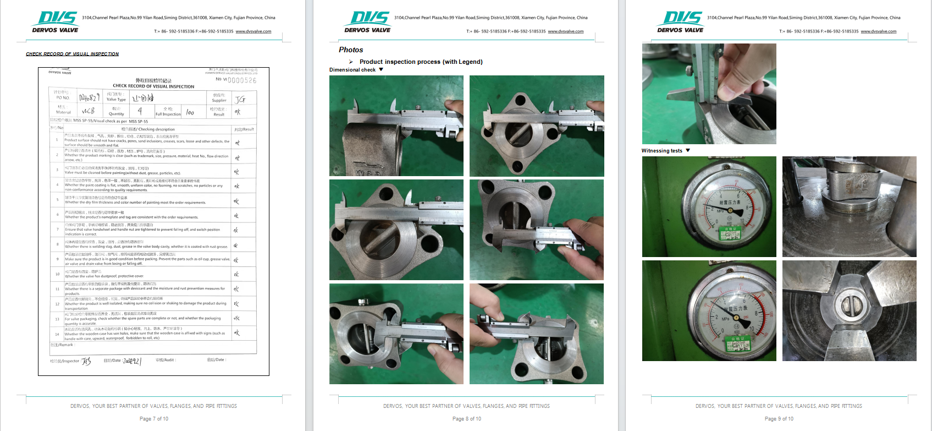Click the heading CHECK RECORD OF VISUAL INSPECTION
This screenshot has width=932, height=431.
click(x=72, y=54)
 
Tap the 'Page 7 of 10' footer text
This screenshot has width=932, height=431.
click(x=154, y=419)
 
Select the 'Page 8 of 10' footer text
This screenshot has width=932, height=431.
click(x=466, y=419)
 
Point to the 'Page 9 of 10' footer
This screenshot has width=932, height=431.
click(x=779, y=419)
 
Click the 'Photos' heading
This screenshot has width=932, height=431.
click(x=351, y=50)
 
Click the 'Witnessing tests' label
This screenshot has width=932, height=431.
click(x=661, y=151)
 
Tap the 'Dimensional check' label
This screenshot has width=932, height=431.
click(x=352, y=70)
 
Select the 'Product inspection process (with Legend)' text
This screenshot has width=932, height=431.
click(x=421, y=62)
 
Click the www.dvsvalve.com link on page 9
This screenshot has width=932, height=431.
click(x=878, y=31)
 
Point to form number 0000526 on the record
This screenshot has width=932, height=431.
click(x=242, y=80)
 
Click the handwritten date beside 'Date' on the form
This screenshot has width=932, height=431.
click(x=132, y=361)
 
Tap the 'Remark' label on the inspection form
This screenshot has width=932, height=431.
click(x=62, y=345)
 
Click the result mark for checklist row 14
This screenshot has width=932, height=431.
click(x=237, y=333)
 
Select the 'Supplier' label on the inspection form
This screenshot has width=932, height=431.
click(x=219, y=100)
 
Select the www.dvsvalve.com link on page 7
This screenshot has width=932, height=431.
click(x=253, y=31)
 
